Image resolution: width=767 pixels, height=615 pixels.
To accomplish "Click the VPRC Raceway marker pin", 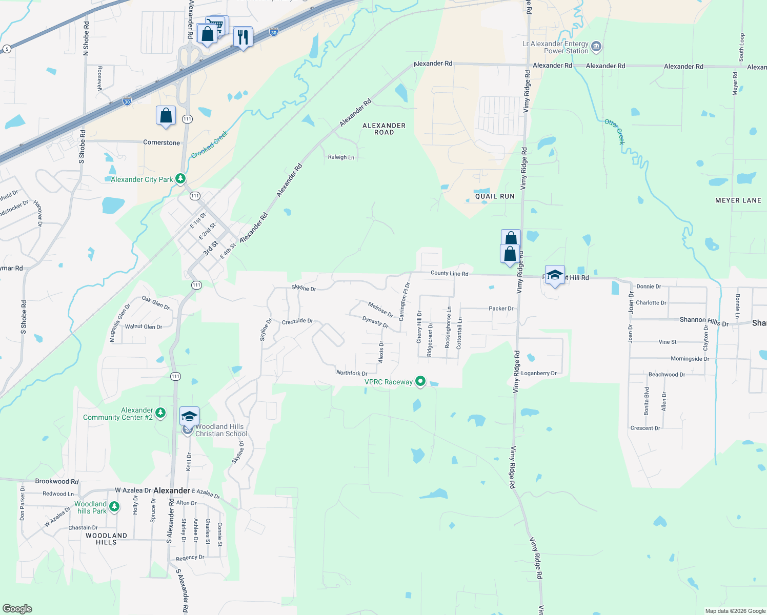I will [x=420, y=381].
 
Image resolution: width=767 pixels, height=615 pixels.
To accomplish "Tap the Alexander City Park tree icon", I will [x=180, y=179].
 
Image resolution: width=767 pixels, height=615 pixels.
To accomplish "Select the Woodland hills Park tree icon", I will [x=114, y=507].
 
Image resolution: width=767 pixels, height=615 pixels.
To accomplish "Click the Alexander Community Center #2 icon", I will [x=160, y=413].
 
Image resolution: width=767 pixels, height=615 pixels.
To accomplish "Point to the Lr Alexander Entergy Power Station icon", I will [x=596, y=47].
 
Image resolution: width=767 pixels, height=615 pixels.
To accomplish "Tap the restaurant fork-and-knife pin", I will [x=243, y=37].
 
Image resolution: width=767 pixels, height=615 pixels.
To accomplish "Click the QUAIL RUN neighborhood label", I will [x=494, y=196].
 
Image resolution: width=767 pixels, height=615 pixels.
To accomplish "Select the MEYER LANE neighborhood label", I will [x=738, y=200].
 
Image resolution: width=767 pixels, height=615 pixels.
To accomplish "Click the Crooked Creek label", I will [x=209, y=144].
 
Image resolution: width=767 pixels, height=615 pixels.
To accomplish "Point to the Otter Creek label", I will [x=615, y=131].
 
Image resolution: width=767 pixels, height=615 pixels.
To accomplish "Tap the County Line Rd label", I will [x=449, y=273].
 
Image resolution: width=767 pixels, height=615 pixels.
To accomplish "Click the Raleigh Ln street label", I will [x=341, y=157].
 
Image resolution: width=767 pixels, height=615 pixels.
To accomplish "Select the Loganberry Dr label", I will [x=538, y=373].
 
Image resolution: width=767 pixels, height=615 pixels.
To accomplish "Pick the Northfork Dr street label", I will [x=352, y=373].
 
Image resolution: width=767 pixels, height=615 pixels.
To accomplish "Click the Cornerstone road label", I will [x=162, y=142].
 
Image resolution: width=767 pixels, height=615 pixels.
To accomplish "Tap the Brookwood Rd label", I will [x=57, y=481].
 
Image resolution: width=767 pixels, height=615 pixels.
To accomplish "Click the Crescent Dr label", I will [x=645, y=428].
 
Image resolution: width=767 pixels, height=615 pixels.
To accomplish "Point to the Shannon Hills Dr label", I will [x=703, y=321].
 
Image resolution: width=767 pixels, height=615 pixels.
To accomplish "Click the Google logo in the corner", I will [x=17, y=608].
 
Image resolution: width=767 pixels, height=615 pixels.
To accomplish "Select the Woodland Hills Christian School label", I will [x=221, y=430].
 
